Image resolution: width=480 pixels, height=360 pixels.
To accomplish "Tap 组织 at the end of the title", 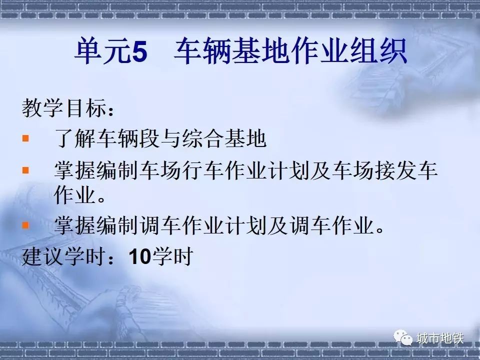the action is point(378,51).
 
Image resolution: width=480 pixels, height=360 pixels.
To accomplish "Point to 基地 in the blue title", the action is point(261,51).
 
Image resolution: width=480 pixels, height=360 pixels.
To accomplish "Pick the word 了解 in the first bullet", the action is point(75,138).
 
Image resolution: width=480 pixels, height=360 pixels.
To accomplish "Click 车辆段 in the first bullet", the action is point(127,138).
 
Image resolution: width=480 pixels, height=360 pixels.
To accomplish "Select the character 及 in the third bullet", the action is point(277,225).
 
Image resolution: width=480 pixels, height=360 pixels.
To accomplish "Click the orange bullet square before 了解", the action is point(25,138).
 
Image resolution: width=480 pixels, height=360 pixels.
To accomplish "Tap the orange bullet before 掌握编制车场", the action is point(25,170).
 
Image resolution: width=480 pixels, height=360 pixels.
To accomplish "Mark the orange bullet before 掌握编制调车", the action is point(25,225).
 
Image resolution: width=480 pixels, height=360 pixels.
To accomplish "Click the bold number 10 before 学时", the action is point(140,256).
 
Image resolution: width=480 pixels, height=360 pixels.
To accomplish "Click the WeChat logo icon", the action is point(403,337).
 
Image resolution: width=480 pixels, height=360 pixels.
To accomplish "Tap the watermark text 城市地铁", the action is point(440,338).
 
